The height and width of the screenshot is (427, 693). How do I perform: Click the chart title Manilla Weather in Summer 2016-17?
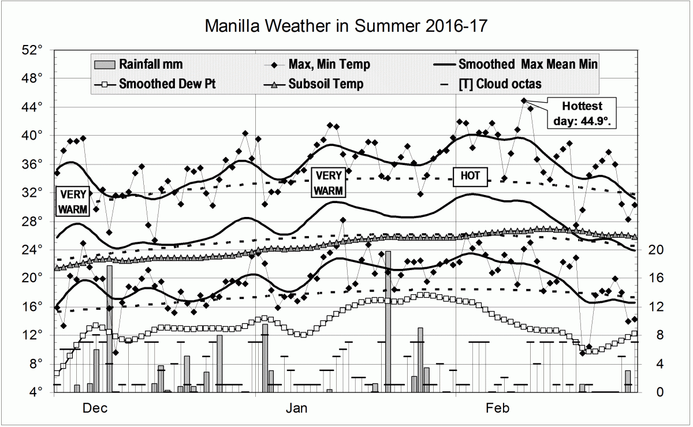click(346, 25)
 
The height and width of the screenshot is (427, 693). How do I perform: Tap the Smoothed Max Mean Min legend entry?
click(527, 64)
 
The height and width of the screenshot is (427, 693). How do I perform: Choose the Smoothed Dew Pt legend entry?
click(167, 84)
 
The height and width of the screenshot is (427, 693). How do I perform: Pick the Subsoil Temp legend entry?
click(326, 84)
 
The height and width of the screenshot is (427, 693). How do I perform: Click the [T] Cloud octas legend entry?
click(500, 84)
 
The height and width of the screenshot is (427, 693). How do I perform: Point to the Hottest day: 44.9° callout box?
click(582, 114)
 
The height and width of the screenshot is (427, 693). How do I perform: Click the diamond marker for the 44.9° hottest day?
click(524, 100)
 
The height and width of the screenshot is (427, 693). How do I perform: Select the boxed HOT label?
click(470, 176)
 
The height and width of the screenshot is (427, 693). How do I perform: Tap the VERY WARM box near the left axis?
click(73, 201)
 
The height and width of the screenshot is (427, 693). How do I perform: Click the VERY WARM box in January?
click(329, 183)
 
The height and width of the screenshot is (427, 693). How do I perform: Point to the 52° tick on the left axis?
click(37, 50)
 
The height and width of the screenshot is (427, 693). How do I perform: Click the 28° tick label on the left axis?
click(37, 221)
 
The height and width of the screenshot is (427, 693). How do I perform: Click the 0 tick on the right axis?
click(650, 392)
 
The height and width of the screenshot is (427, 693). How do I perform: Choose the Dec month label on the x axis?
click(95, 409)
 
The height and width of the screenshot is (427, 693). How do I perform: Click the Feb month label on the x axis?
click(497, 409)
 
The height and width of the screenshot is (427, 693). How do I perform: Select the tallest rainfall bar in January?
click(388, 321)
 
